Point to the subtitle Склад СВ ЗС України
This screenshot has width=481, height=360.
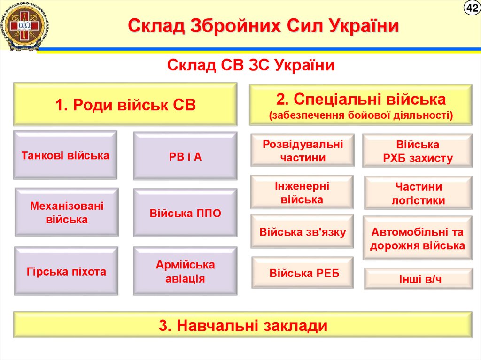(x=251, y=65)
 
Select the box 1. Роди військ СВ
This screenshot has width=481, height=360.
(x=125, y=104)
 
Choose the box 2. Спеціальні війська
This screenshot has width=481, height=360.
(x=360, y=106)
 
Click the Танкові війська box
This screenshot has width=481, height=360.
(x=65, y=155)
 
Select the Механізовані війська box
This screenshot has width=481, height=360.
(x=67, y=212)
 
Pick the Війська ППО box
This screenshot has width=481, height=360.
(x=185, y=213)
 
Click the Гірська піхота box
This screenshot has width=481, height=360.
(x=66, y=271)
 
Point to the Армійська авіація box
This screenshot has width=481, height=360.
(x=185, y=271)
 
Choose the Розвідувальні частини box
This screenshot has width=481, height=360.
(x=303, y=150)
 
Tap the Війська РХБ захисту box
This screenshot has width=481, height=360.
(x=417, y=151)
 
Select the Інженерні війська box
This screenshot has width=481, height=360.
(x=302, y=192)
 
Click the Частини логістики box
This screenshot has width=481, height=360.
(x=418, y=193)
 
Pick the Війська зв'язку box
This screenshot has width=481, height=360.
(x=302, y=231)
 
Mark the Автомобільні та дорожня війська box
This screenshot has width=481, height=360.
(x=417, y=238)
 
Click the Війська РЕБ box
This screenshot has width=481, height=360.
(x=303, y=273)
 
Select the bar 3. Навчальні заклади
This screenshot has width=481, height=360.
(x=242, y=325)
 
